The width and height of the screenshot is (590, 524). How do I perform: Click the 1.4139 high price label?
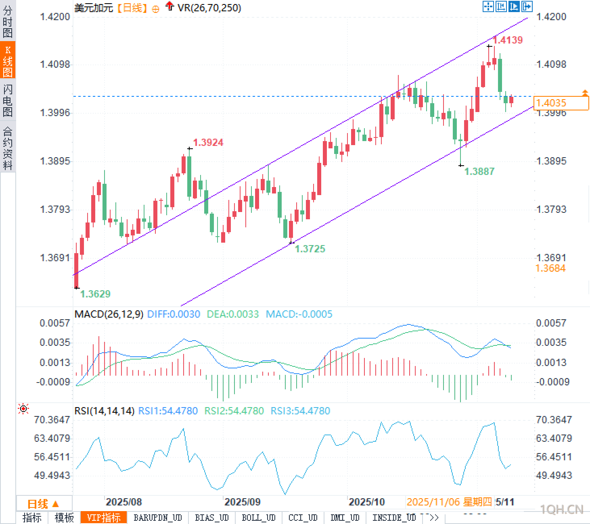[x=508, y=40]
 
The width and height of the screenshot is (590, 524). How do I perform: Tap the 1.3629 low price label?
[x=95, y=294]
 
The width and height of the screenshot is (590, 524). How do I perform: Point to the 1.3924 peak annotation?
[x=208, y=142]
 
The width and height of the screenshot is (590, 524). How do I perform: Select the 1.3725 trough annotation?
[x=310, y=249]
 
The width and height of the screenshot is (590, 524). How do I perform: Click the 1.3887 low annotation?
[x=479, y=171]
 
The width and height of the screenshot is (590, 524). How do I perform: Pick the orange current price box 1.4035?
[x=561, y=103]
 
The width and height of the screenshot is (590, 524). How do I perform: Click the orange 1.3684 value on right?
[x=550, y=268]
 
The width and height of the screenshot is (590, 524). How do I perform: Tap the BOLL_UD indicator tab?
[x=259, y=518]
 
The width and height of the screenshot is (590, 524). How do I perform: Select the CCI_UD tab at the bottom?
[x=303, y=518]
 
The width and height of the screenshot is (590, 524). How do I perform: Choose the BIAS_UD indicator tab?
[x=212, y=518]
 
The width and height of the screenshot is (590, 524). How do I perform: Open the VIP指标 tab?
[x=104, y=518]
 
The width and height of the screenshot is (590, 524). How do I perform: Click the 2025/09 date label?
[x=243, y=502]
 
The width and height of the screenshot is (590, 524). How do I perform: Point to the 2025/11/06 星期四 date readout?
[x=449, y=502]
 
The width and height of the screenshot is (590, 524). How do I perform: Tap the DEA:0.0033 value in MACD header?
[x=232, y=314]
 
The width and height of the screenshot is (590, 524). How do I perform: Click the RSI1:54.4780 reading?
[x=168, y=411]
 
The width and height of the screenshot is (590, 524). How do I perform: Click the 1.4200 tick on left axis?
[x=55, y=17]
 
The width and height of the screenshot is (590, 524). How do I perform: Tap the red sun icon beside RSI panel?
[x=23, y=409]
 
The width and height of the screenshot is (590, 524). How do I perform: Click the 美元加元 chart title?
[x=94, y=8]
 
